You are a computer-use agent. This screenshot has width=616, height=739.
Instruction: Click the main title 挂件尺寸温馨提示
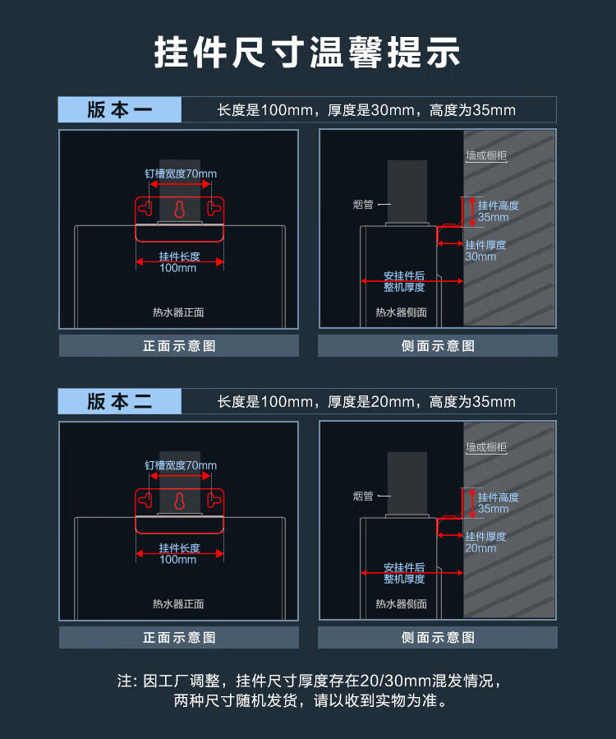[x=307, y=53]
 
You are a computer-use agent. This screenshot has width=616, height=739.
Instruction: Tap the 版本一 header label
[x=120, y=110]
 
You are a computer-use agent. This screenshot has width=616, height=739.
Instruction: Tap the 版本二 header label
[x=120, y=401]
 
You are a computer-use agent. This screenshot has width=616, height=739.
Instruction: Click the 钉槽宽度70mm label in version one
[x=181, y=173]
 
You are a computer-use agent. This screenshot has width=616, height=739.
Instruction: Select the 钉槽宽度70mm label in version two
[x=181, y=465]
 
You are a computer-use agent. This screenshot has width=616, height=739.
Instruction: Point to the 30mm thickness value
[x=480, y=256]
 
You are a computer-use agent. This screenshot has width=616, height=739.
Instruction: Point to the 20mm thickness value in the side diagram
[x=480, y=548]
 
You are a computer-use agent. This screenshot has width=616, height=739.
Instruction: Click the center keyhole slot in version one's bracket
[x=179, y=210]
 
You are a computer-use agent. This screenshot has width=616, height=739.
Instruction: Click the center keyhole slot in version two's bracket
[x=179, y=501]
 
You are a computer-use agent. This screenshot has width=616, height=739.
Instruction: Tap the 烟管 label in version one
[x=363, y=205]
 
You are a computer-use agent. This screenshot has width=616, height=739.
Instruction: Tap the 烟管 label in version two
[x=363, y=496]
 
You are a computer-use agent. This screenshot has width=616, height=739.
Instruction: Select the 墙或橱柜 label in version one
[x=486, y=155]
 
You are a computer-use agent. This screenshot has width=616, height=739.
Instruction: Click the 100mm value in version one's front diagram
[x=178, y=268]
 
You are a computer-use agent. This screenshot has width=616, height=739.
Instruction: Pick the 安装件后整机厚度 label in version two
[x=404, y=573]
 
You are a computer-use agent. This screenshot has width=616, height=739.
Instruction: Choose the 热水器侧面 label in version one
[x=402, y=312]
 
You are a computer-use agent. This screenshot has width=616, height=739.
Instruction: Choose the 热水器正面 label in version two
[x=178, y=604]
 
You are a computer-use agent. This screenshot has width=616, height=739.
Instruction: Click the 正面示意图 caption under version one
[x=179, y=346]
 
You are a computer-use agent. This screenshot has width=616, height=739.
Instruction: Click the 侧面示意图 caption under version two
[x=438, y=638]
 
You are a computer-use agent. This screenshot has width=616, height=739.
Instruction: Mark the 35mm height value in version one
[x=494, y=217]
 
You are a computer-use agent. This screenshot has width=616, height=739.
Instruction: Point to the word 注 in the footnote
[x=125, y=681]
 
